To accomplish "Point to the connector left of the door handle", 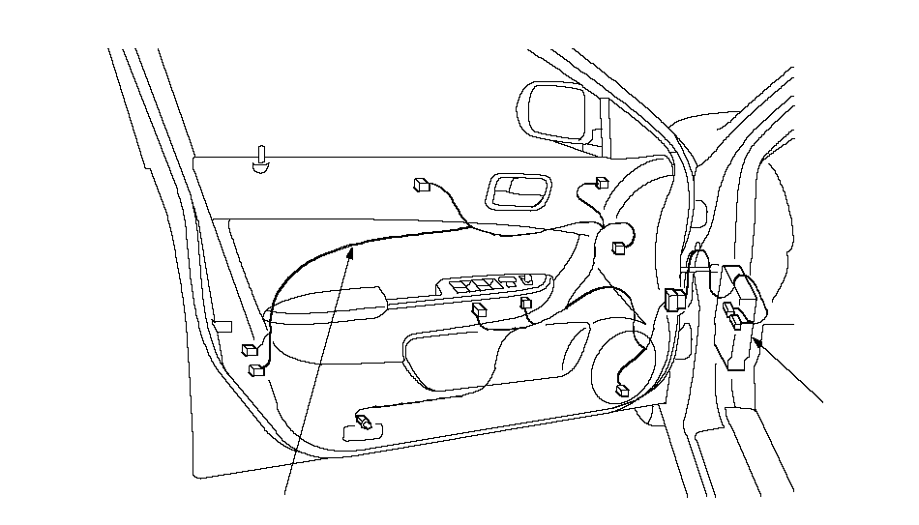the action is click(x=421, y=184).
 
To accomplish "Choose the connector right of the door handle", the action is click(x=602, y=182).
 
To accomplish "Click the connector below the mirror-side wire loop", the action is click(x=617, y=248).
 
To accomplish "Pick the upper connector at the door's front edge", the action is click(x=250, y=351).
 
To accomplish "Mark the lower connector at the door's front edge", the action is click(x=256, y=369).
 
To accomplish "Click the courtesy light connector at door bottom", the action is click(x=364, y=422).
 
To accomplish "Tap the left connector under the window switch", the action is click(x=479, y=310).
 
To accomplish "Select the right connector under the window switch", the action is click(x=526, y=305).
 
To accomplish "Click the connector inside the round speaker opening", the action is click(x=621, y=391).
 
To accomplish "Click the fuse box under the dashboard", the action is click(x=743, y=314).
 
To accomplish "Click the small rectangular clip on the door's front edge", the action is click(x=222, y=326).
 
